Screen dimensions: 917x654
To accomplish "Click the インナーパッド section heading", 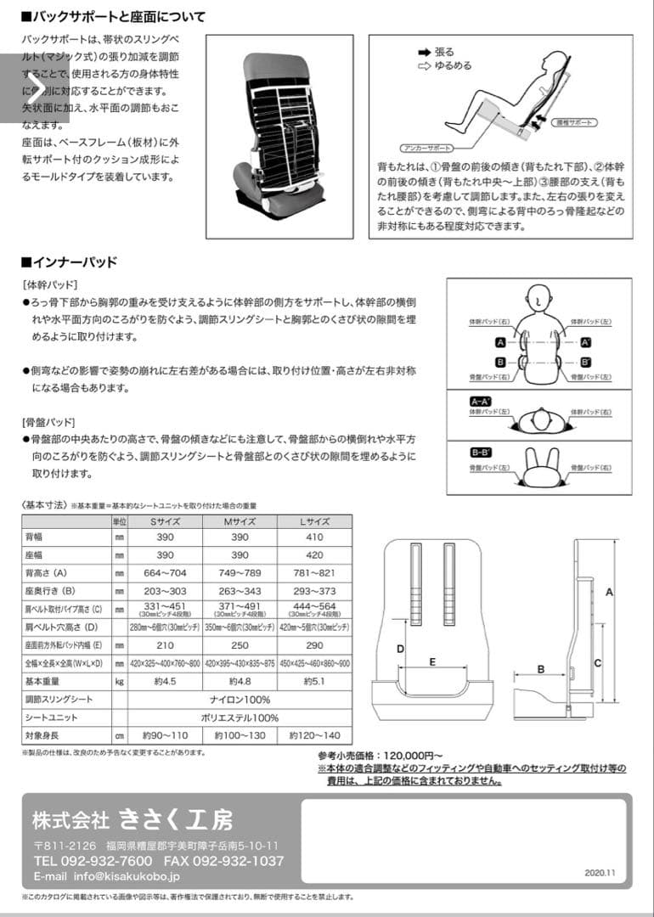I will coord(73,262).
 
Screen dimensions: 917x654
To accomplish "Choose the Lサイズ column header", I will coord(314,520).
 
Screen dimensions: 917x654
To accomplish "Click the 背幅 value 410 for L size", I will coord(314,537).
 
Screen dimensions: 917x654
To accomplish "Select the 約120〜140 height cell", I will coord(314,735).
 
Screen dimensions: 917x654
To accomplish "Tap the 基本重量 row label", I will coord(42,681).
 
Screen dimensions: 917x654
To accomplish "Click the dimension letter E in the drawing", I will coord(432,660).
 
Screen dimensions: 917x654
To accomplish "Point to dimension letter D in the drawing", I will coord(401,649).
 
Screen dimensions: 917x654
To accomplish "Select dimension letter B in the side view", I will coord(540,669).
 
